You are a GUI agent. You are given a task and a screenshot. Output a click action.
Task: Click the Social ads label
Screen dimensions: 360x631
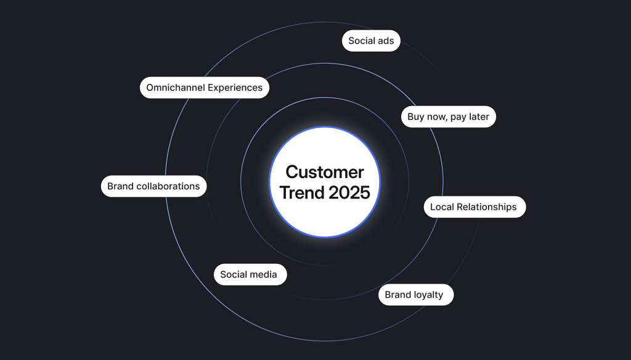click(x=371, y=41)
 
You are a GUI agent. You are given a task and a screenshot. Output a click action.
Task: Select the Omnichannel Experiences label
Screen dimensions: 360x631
click(x=204, y=88)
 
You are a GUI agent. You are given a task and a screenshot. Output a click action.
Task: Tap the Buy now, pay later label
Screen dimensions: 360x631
click(x=448, y=117)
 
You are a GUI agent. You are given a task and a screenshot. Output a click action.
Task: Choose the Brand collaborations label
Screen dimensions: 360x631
click(x=153, y=186)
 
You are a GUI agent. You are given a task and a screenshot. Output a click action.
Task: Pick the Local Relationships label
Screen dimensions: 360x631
click(x=474, y=207)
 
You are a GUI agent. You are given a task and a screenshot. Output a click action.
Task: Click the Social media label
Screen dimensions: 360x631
click(x=249, y=274)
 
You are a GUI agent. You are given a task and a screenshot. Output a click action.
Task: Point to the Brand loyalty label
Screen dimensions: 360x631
click(x=415, y=295)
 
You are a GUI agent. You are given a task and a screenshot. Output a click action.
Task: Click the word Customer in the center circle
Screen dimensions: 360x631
click(x=325, y=171)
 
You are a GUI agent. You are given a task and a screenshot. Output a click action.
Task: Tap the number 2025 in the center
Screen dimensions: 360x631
click(x=349, y=192)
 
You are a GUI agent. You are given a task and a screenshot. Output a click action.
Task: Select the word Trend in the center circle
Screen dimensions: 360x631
click(x=302, y=192)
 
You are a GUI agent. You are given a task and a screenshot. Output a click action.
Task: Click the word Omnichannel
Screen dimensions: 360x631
click(x=175, y=88)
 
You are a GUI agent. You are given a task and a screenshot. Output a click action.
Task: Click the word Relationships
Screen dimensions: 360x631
click(x=487, y=207)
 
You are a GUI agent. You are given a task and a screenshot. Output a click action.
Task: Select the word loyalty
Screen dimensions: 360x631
click(x=428, y=295)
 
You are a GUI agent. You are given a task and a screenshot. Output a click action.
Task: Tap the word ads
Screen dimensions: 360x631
click(x=386, y=41)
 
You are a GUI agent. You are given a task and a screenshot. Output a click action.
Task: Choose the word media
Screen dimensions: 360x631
click(x=264, y=274)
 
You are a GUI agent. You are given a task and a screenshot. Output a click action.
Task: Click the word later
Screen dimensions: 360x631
click(x=479, y=117)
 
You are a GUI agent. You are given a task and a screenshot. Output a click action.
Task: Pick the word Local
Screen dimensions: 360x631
click(x=442, y=207)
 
